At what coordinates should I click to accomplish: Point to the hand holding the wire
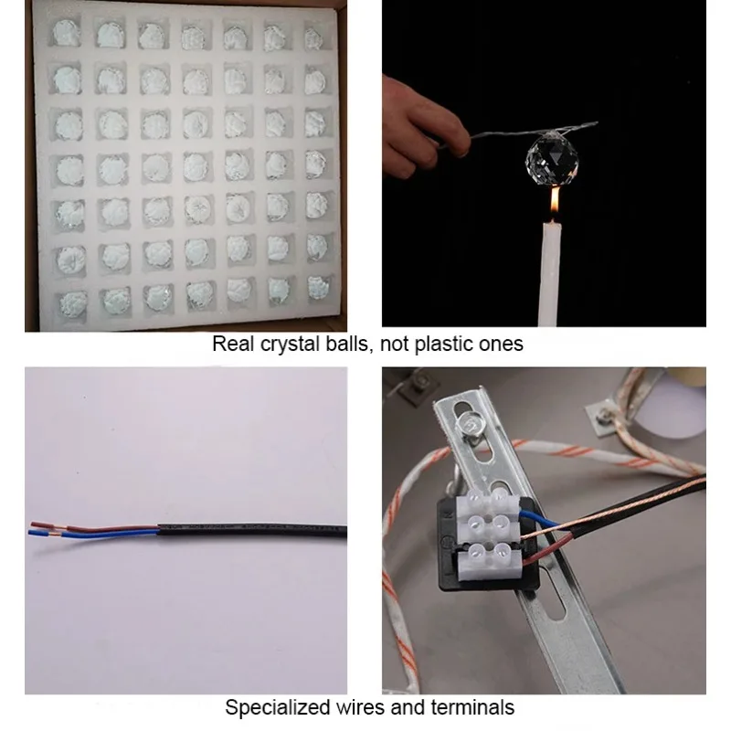tap(421, 127)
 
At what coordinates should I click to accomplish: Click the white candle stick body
tap(550, 274)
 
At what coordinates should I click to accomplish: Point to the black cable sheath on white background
tap(252, 531)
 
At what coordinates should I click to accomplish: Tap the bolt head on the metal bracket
tap(467, 424)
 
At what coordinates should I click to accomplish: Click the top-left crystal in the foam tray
tap(66, 32)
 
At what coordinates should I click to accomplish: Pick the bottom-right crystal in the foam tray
tap(318, 288)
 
